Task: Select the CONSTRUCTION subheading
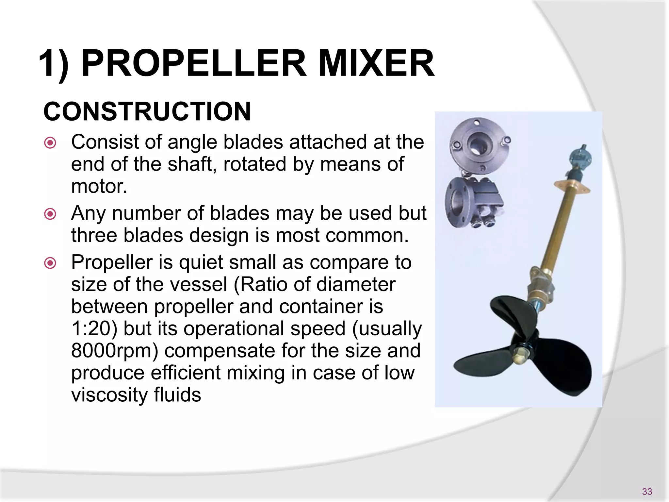click(147, 111)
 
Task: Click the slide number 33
click(647, 492)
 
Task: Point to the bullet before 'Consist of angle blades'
click(50, 143)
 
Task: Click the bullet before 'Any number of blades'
click(50, 214)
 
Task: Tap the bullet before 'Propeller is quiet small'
click(50, 263)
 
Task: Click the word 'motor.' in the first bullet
click(99, 186)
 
